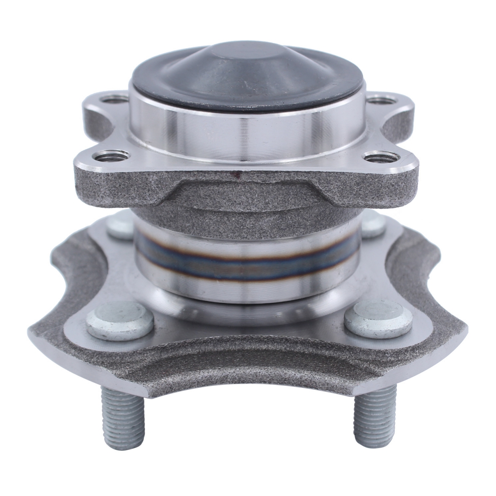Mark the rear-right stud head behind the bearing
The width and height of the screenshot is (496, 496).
373,225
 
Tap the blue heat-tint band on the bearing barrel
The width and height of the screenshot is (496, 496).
246,262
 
